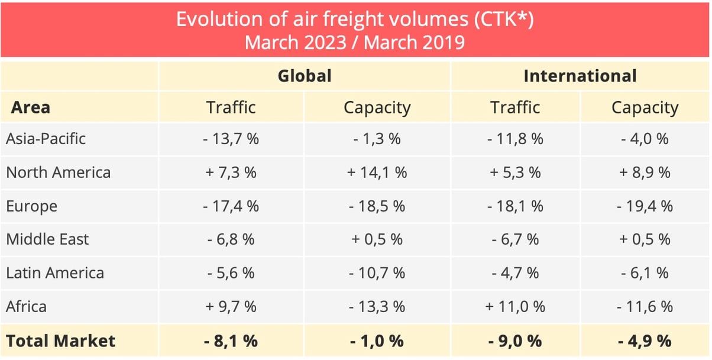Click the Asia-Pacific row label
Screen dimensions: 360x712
[x=46, y=139]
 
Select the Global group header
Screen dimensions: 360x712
[x=305, y=76]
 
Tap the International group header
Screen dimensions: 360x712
[x=580, y=76]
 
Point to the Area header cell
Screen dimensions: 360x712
[x=31, y=108]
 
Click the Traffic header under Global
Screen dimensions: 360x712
[x=231, y=108]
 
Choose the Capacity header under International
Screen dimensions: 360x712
[x=645, y=108]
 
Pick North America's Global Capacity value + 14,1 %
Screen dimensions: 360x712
[x=377, y=173]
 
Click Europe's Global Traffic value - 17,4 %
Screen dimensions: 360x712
[x=231, y=206]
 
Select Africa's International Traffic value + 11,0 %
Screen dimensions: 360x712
[x=514, y=307]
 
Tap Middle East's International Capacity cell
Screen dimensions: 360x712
[x=645, y=239]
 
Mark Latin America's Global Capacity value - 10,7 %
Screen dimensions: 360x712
[x=377, y=273]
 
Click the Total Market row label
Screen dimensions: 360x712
[x=61, y=341]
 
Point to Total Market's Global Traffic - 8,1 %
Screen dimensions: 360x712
[x=231, y=341]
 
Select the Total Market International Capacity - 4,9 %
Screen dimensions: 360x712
[x=645, y=341]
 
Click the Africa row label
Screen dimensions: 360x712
[x=26, y=307]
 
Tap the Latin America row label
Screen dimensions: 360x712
[x=55, y=273]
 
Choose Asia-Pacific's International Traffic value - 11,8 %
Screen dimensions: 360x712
[x=514, y=139]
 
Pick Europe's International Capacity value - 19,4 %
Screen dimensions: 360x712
[x=645, y=206]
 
